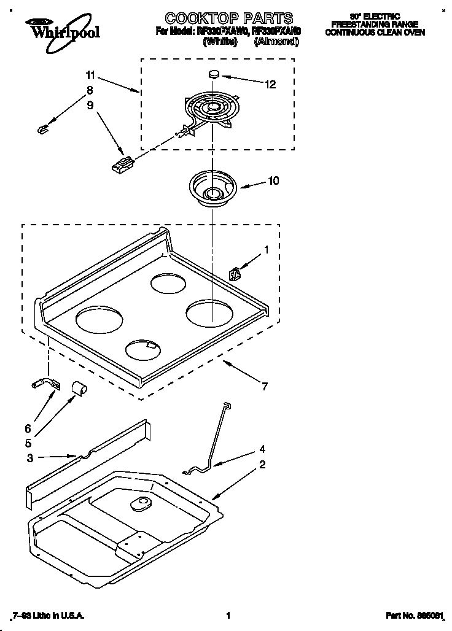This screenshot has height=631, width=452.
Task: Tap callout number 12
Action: point(270,85)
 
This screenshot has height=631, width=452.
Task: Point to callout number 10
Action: point(273,180)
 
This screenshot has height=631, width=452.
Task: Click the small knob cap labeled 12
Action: point(214,74)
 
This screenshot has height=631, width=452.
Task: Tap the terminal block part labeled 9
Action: point(122,165)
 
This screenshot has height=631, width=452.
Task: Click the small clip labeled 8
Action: point(42,128)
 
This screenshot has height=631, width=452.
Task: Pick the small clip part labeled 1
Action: point(234,272)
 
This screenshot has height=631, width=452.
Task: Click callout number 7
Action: point(264,386)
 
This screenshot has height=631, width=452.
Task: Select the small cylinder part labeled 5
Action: point(77,387)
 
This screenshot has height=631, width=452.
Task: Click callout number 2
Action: point(262,464)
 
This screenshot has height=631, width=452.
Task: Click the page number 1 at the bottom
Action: point(228,615)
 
